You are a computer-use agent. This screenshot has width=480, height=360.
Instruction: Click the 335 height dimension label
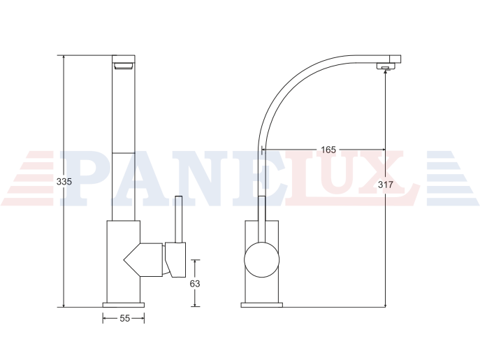point(64,182)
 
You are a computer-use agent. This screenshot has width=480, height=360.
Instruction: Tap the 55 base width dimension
point(125,319)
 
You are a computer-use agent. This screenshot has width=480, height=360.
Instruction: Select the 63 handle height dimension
point(195,284)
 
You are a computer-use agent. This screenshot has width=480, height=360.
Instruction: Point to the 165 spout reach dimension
point(328,150)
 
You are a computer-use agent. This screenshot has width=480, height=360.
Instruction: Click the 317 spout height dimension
point(385,185)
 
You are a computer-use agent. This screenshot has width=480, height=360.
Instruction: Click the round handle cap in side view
point(262,260)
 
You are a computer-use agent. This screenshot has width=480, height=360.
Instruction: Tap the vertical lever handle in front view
point(178,219)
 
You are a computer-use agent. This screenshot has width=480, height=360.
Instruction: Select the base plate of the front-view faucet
point(124,305)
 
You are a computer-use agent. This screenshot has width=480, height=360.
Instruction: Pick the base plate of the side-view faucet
point(262,305)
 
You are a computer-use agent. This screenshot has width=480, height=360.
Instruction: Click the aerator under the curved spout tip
point(386,66)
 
